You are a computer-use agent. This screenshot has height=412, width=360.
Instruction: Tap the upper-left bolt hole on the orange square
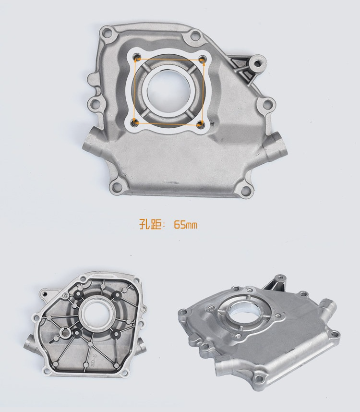point(137,57)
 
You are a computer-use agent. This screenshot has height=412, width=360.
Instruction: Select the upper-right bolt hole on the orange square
point(202,58)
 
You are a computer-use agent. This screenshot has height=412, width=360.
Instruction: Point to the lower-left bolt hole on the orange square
point(136,122)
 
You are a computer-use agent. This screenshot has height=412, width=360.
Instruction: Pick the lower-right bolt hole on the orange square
point(201,124)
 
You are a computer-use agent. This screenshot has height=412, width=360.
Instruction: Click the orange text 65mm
point(185,225)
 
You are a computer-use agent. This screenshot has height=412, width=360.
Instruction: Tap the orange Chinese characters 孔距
point(150,224)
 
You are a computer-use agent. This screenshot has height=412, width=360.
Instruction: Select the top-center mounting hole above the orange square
point(194,35)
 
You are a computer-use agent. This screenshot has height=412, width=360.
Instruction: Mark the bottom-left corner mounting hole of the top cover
point(116,187)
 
